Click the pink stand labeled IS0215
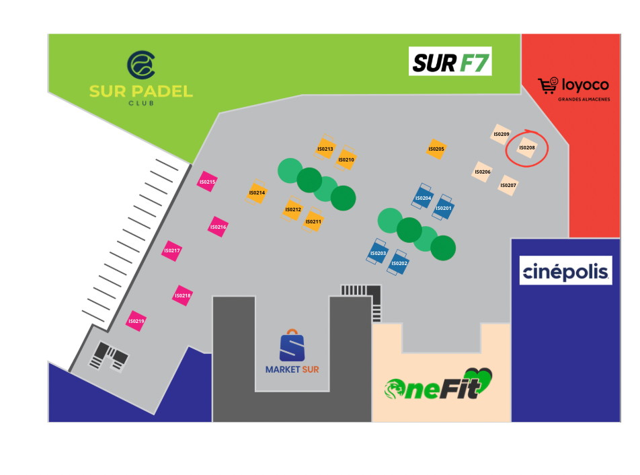tap(207, 182)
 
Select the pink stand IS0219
tap(136, 321)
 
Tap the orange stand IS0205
tap(436, 149)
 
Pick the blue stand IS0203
tap(378, 252)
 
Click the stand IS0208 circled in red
tap(526, 148)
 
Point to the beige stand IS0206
tap(483, 172)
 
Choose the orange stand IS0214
tap(256, 192)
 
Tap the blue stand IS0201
tap(443, 207)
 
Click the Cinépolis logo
tap(566, 270)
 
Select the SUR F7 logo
tap(450, 61)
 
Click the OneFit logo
tap(438, 384)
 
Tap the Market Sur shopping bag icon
tap(292, 345)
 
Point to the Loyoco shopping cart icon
tap(548, 85)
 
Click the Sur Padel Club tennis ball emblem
tap(141, 65)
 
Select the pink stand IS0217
tap(171, 251)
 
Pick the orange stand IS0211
tap(313, 221)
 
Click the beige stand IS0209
tap(502, 134)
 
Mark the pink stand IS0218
tap(182, 295)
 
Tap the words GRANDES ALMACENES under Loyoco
tap(584, 100)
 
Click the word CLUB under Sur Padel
tap(141, 104)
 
